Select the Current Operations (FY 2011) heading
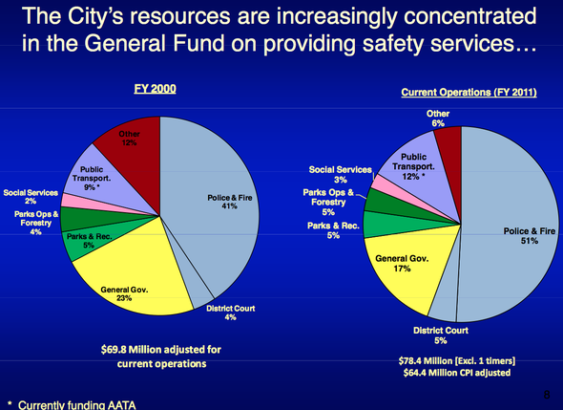pos(466,92)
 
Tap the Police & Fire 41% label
pos(229,204)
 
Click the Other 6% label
pos(438,119)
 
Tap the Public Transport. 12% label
pos(413,169)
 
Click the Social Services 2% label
pos(31,196)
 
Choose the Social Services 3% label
pos(340,174)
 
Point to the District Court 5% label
pos(427,334)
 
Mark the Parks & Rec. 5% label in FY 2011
pos(334,230)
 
